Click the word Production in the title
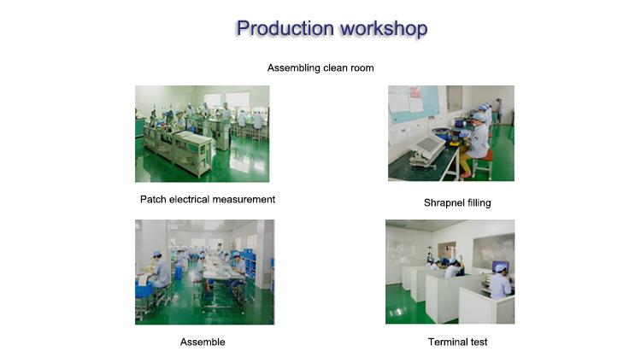click(285, 28)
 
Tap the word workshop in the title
click(384, 28)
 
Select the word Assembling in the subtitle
click(293, 68)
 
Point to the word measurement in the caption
click(244, 199)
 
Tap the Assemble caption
click(203, 342)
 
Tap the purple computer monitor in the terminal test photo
click(501, 266)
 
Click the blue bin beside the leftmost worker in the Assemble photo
click(144, 289)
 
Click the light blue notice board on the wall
click(414, 102)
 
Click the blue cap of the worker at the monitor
click(500, 267)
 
